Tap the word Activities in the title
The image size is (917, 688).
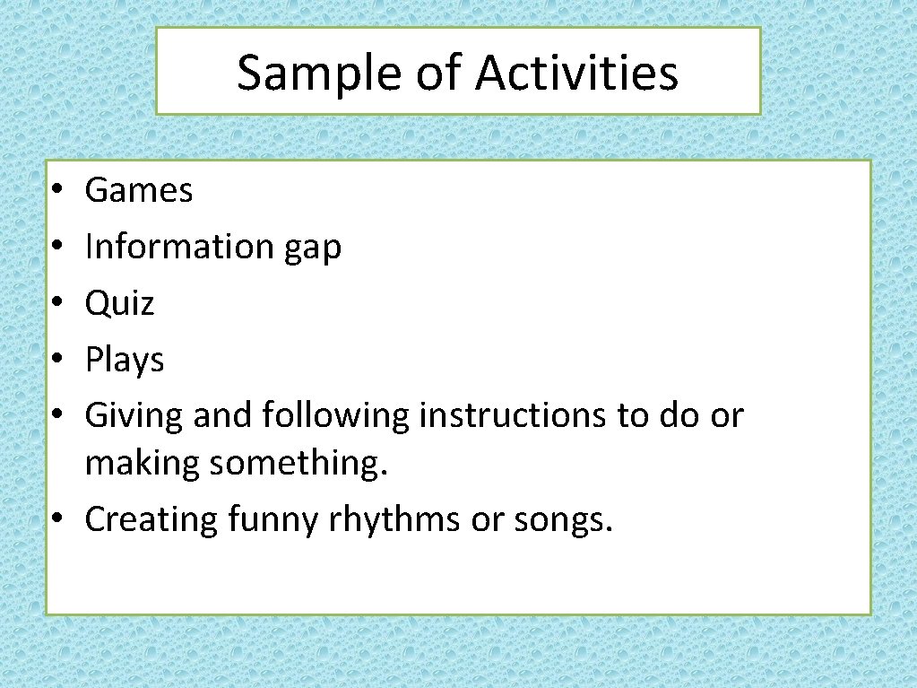click(x=576, y=74)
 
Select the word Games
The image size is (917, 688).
click(x=139, y=190)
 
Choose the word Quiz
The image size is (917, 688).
click(x=119, y=303)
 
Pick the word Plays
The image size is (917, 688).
click(x=125, y=361)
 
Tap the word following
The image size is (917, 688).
click(x=336, y=416)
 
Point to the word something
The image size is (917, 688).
click(x=299, y=464)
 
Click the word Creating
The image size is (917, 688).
click(x=151, y=520)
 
